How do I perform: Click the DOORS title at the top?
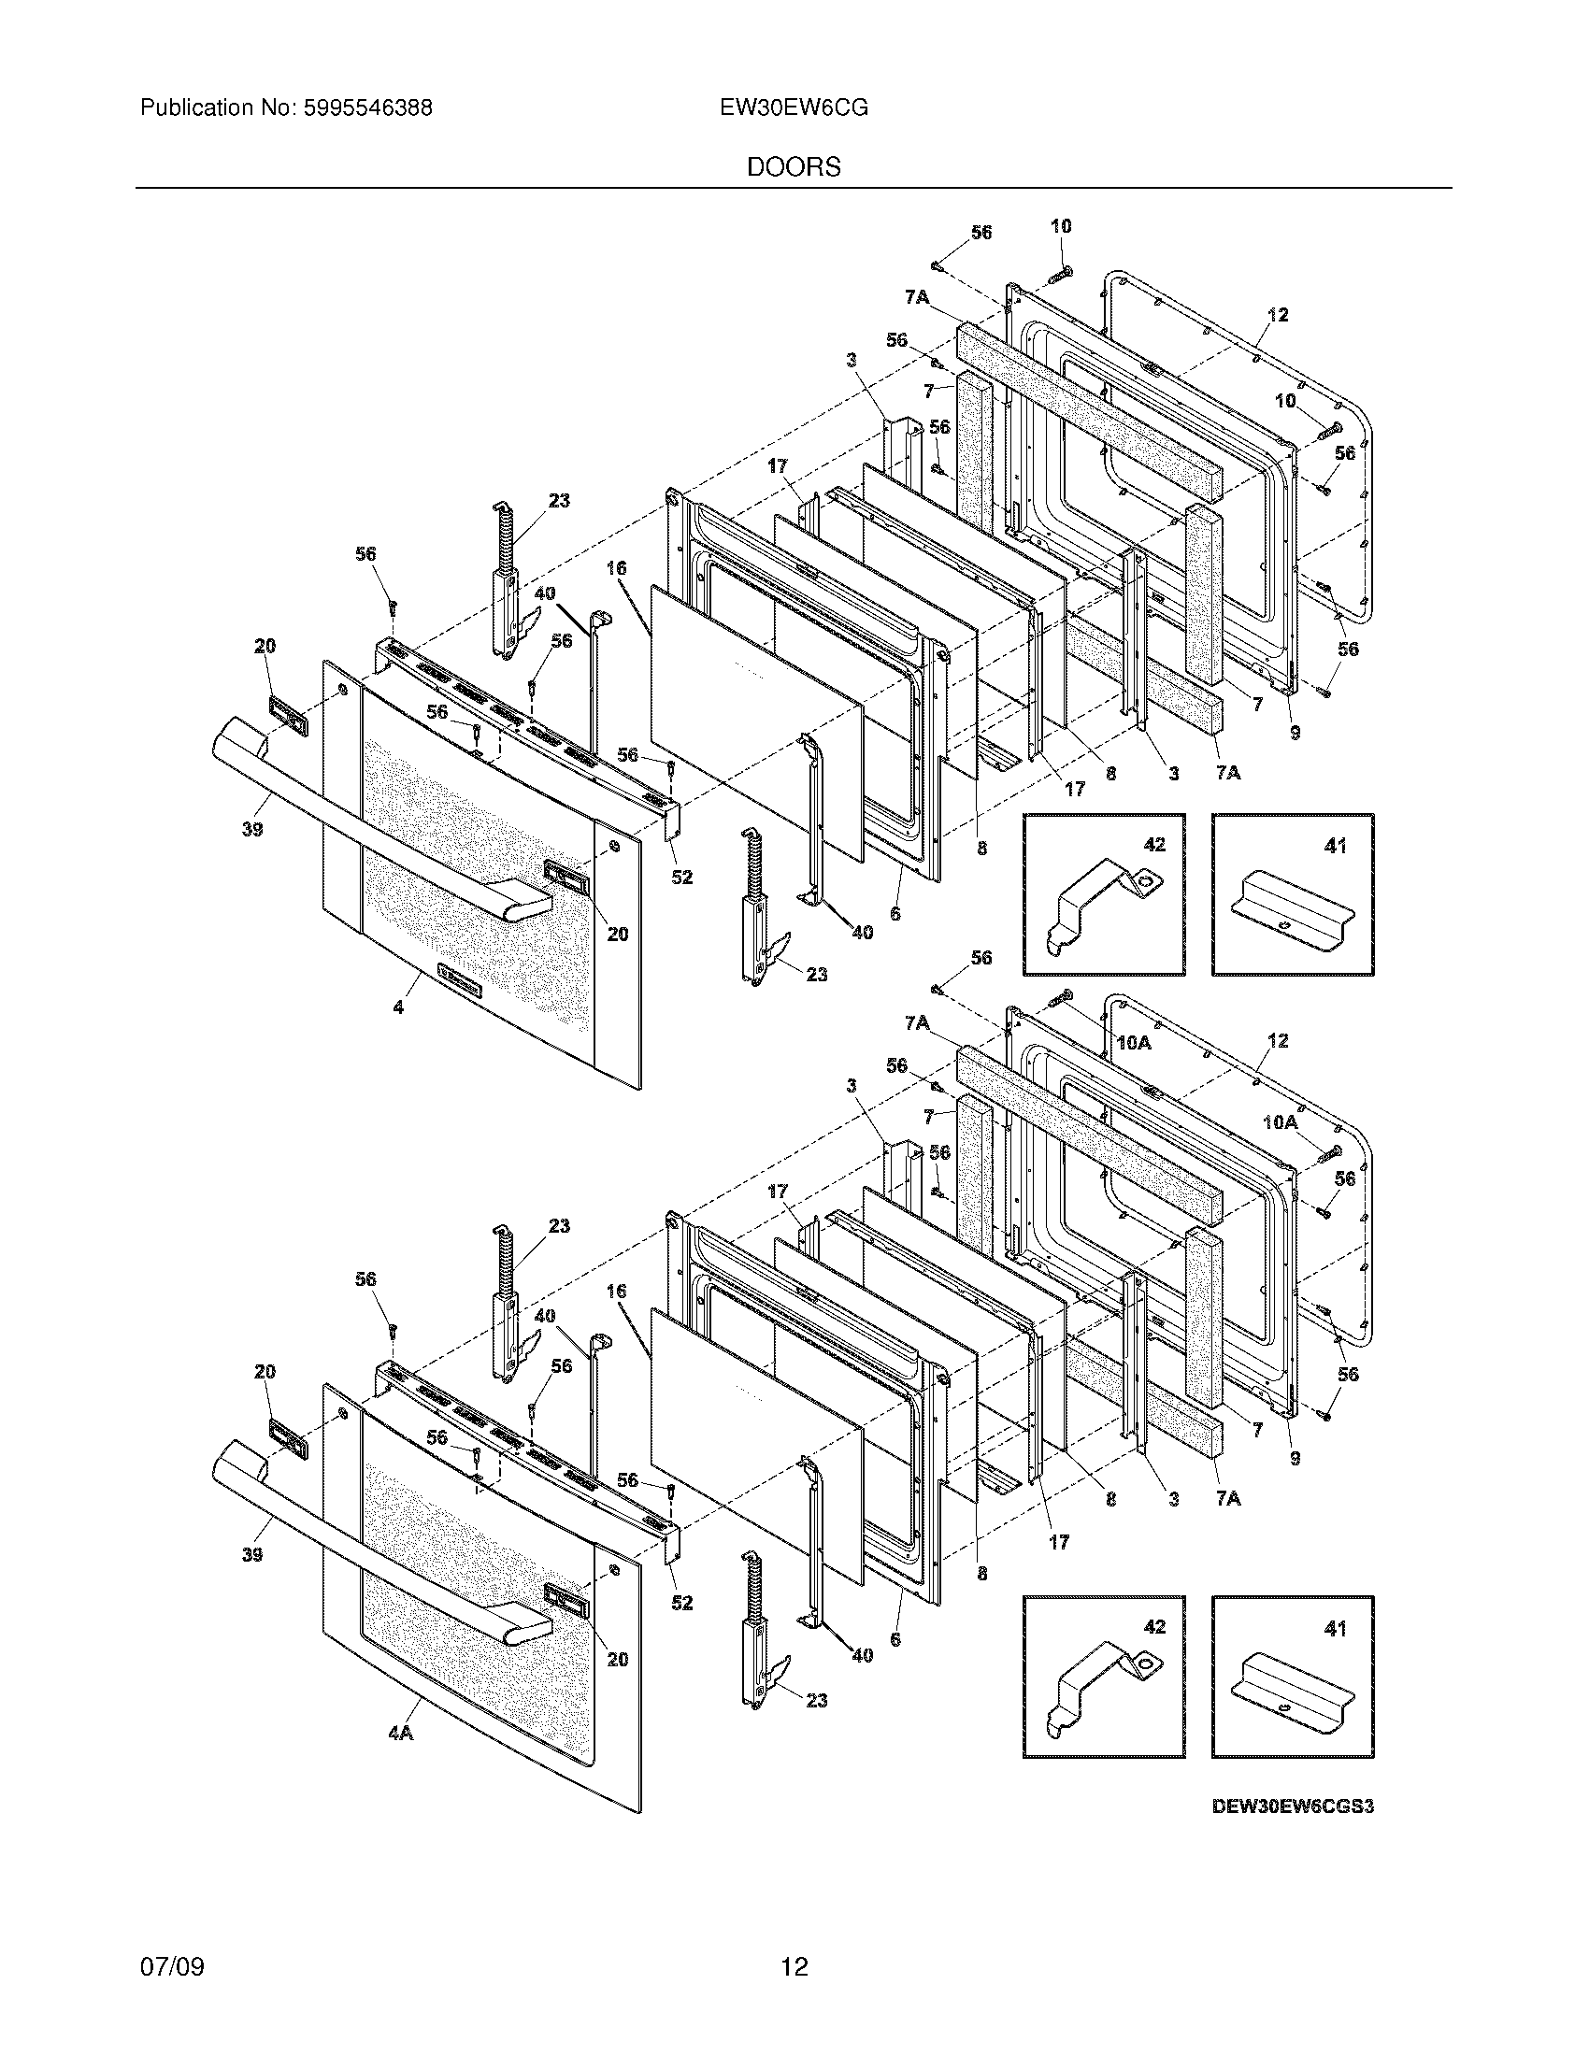pyautogui.click(x=794, y=167)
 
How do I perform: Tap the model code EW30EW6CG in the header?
pyautogui.click(x=794, y=108)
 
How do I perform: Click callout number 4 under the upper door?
pyautogui.click(x=398, y=1007)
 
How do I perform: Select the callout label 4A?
pyautogui.click(x=401, y=1732)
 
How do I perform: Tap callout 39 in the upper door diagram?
pyautogui.click(x=251, y=829)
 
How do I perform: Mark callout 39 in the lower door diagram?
pyautogui.click(x=251, y=1554)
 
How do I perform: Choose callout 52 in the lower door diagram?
pyautogui.click(x=681, y=1601)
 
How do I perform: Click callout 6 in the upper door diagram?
pyautogui.click(x=895, y=913)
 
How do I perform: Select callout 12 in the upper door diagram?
pyautogui.click(x=1278, y=314)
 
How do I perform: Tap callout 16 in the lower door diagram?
pyautogui.click(x=617, y=1292)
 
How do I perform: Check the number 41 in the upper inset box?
pyautogui.click(x=1335, y=846)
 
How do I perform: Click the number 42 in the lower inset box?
pyautogui.click(x=1154, y=1627)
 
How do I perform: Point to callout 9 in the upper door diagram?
pyautogui.click(x=1296, y=733)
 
